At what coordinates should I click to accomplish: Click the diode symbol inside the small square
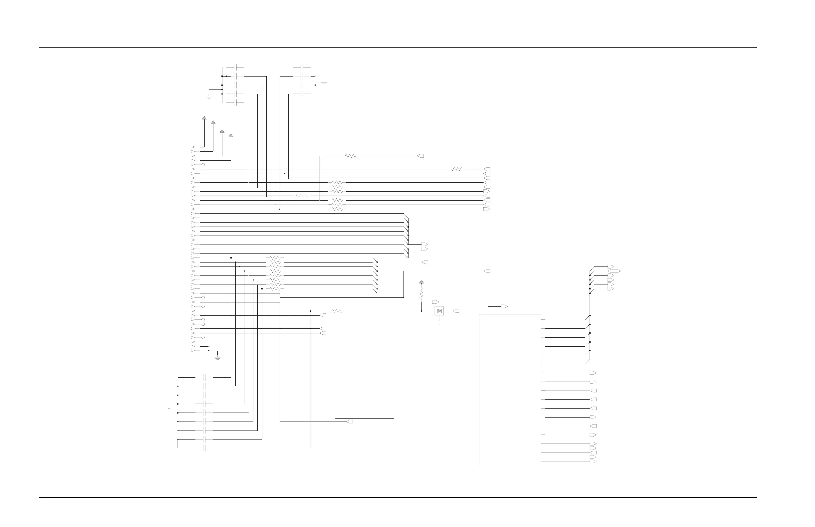439,311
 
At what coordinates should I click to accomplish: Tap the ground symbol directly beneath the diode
439,322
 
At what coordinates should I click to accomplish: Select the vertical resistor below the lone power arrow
421,292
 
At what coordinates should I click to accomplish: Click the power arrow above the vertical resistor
421,282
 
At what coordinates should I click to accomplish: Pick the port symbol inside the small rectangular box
350,422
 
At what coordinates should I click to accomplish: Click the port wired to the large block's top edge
504,306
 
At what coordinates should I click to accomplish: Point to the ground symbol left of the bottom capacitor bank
169,407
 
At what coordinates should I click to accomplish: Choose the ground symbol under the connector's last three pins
217,358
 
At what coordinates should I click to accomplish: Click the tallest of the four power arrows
204,118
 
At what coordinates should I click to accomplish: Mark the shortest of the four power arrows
231,135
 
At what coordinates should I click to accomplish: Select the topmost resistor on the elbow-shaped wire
351,156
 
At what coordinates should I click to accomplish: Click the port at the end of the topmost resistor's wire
421,156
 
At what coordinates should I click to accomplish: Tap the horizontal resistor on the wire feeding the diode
337,311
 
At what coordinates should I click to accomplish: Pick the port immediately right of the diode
456,311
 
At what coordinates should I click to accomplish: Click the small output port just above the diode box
435,302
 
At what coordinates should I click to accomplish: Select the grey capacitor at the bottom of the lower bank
204,448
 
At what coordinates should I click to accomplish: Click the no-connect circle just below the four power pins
203,165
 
